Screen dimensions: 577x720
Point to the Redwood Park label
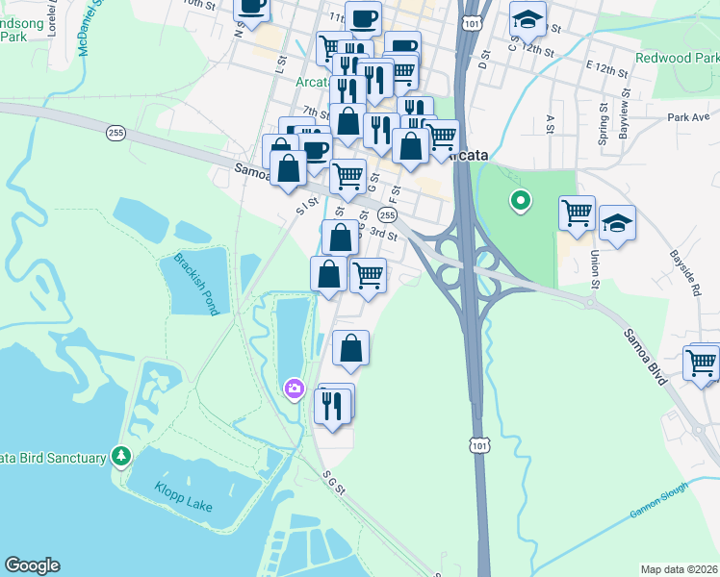point(676,59)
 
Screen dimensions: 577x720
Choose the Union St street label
point(595,268)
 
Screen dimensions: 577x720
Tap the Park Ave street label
point(687,117)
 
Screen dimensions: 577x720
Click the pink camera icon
point(295,389)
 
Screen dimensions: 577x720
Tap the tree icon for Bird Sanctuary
point(121,455)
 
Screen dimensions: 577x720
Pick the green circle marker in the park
point(521,201)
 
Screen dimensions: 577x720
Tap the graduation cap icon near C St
point(527,19)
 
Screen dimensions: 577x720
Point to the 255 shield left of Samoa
point(116,134)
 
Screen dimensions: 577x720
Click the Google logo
point(32,565)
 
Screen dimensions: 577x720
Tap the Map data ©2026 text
point(680,569)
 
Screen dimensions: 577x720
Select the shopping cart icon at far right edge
point(702,363)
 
